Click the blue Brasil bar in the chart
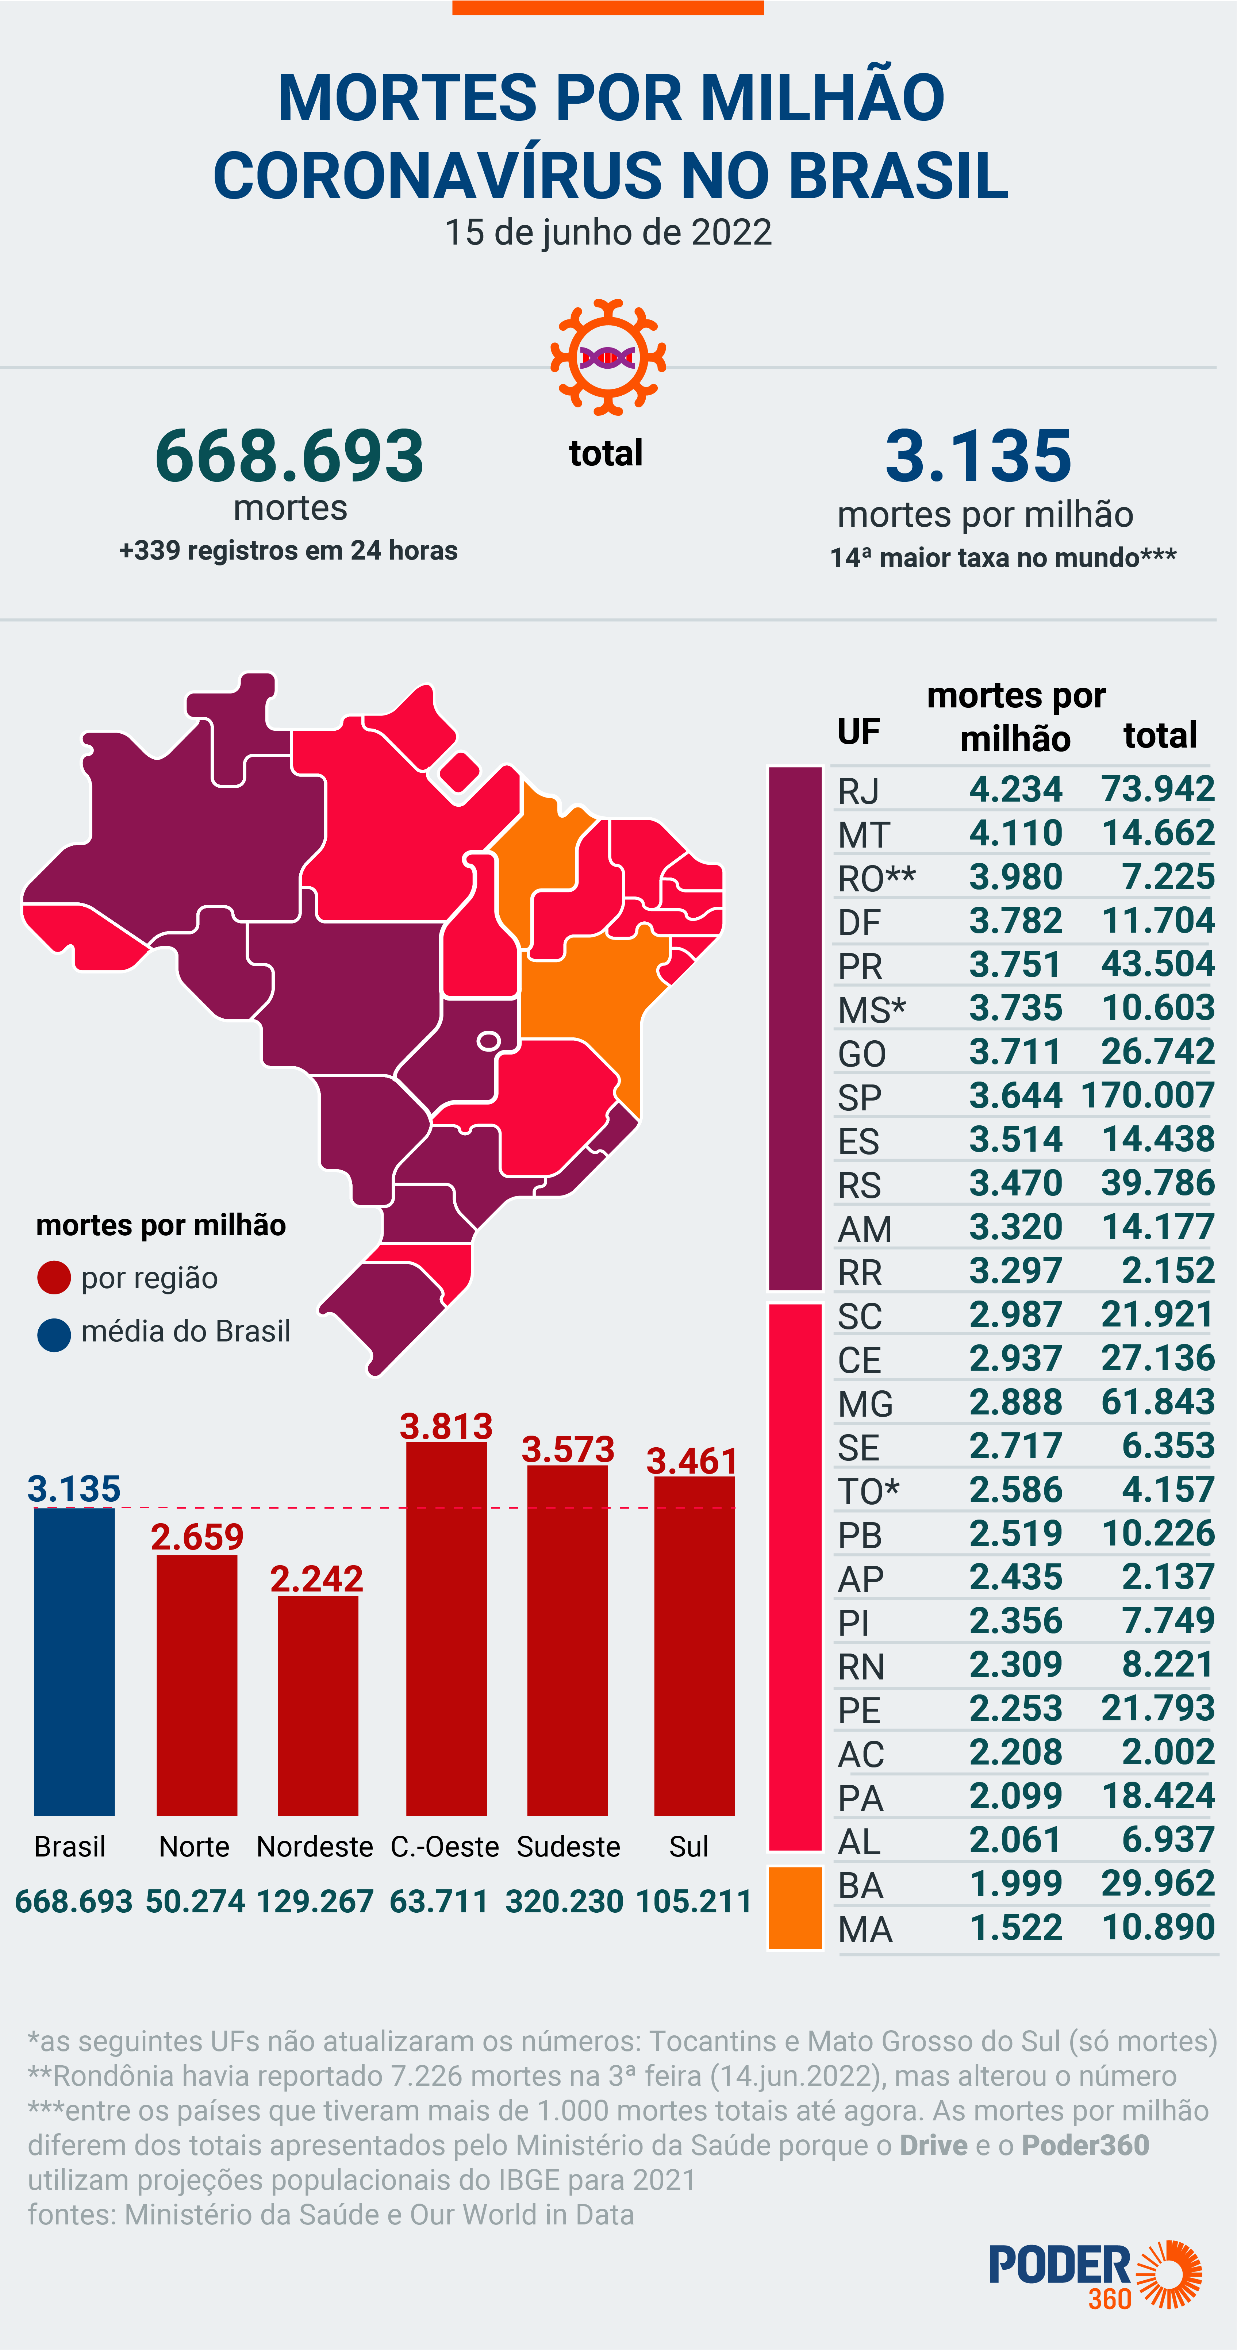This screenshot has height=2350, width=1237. tap(75, 1660)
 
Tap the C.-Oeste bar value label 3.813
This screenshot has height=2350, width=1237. tap(446, 1426)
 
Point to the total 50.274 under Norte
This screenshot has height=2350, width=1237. tap(195, 1901)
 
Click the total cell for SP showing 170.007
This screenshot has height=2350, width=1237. tap(1148, 1095)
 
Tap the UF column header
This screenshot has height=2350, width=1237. tap(858, 732)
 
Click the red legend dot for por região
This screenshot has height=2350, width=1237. tap(54, 1277)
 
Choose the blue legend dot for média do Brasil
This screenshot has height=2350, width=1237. tap(54, 1334)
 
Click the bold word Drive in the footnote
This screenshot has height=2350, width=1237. tap(933, 2145)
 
